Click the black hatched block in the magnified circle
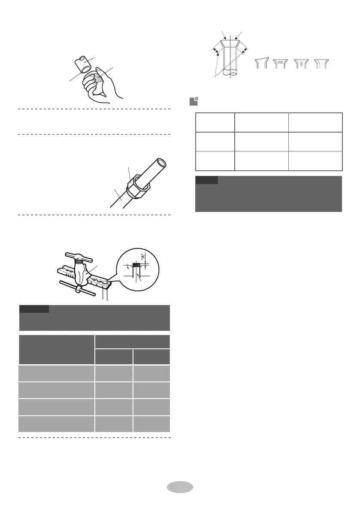pyautogui.click(x=136, y=266)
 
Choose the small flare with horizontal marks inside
pyautogui.click(x=281, y=63)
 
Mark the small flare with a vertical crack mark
pyautogui.click(x=300, y=63)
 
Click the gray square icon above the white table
pyautogui.click(x=194, y=102)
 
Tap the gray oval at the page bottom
pyautogui.click(x=180, y=487)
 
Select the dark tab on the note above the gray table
pyautogui.click(x=34, y=308)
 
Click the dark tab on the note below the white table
pyautogui.click(x=206, y=179)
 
